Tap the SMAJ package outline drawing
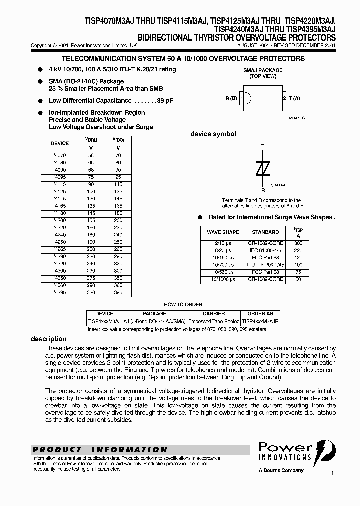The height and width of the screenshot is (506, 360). [262, 98]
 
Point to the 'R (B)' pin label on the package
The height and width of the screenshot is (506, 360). [231, 98]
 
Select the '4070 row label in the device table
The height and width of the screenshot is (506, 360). [60, 156]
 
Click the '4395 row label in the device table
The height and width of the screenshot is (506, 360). [60, 292]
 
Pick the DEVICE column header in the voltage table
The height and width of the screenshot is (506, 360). [60, 143]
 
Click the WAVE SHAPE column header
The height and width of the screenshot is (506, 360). [223, 232]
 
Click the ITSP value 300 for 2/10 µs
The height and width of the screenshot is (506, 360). [299, 243]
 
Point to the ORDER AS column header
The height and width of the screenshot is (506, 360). [260, 314]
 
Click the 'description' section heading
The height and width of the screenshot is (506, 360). [49, 339]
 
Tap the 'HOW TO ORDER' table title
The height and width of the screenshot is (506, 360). [183, 305]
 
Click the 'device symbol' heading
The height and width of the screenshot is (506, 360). [213, 134]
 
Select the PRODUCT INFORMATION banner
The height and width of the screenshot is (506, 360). [100, 449]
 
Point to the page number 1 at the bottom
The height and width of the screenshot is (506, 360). [331, 473]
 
